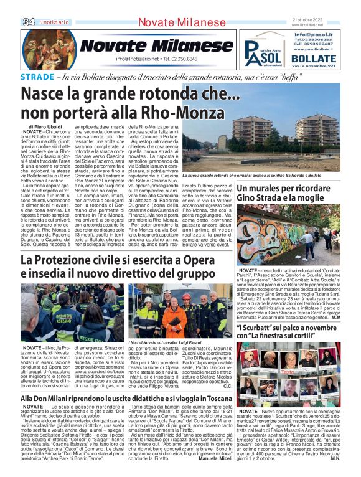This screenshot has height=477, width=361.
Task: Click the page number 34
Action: [x=29, y=22]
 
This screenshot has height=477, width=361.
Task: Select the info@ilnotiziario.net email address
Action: [x=137, y=59]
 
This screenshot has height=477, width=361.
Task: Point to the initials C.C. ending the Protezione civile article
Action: [x=227, y=386]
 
